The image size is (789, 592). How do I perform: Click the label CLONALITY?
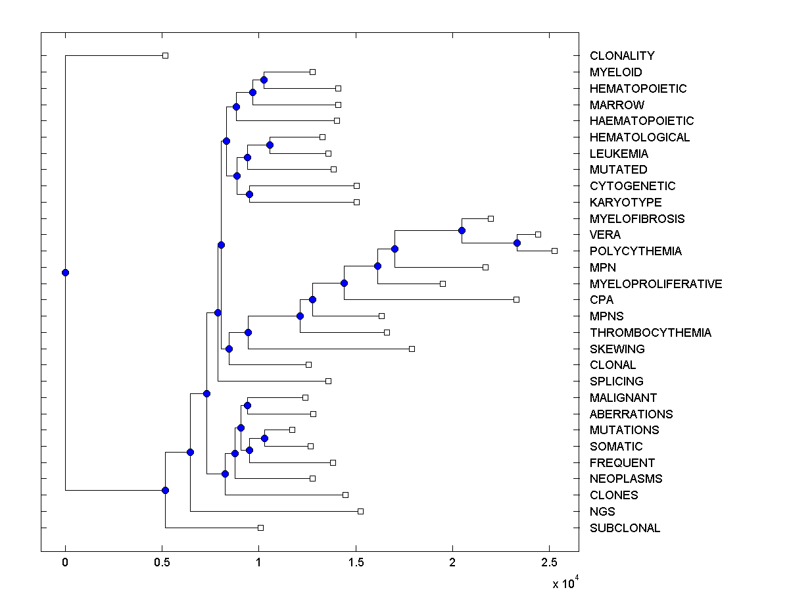tap(622, 56)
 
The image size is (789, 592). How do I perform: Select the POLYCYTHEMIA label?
tap(636, 251)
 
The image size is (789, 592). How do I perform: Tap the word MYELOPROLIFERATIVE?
tap(656, 284)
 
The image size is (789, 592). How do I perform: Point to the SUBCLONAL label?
tap(625, 528)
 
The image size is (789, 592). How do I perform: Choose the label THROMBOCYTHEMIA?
tap(650, 332)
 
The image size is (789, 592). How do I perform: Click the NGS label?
tap(602, 511)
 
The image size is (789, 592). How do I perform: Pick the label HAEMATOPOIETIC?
tap(642, 121)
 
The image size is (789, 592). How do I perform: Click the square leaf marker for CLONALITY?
tap(166, 55)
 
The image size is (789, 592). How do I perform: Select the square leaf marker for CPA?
tap(516, 299)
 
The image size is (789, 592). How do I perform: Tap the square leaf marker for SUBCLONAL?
tap(260, 528)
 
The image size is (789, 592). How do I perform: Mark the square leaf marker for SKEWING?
tap(412, 349)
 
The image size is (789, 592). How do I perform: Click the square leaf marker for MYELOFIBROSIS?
tap(490, 218)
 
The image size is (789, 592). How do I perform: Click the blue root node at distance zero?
tap(65, 272)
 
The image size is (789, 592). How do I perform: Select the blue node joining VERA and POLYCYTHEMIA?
tap(517, 243)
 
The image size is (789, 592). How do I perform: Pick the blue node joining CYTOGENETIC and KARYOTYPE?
tap(249, 194)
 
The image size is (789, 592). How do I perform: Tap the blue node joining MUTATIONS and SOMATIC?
tap(264, 438)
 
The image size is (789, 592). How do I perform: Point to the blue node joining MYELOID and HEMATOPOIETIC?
tap(264, 80)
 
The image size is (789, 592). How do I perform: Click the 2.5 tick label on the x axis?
tap(549, 562)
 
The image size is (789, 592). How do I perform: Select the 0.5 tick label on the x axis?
tap(162, 562)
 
